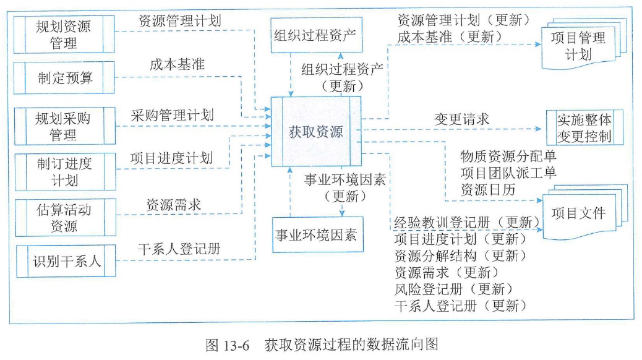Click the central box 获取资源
pyautogui.click(x=316, y=131)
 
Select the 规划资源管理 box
pyautogui.click(x=64, y=35)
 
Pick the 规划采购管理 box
pyautogui.click(x=64, y=125)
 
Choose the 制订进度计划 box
pyautogui.click(x=64, y=172)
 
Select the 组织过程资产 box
pyautogui.click(x=315, y=35)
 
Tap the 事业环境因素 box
pyautogui.click(x=315, y=236)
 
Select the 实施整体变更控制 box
pyautogui.click(x=584, y=127)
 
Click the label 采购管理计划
pyautogui.click(x=172, y=114)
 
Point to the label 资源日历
pyautogui.click(x=488, y=190)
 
